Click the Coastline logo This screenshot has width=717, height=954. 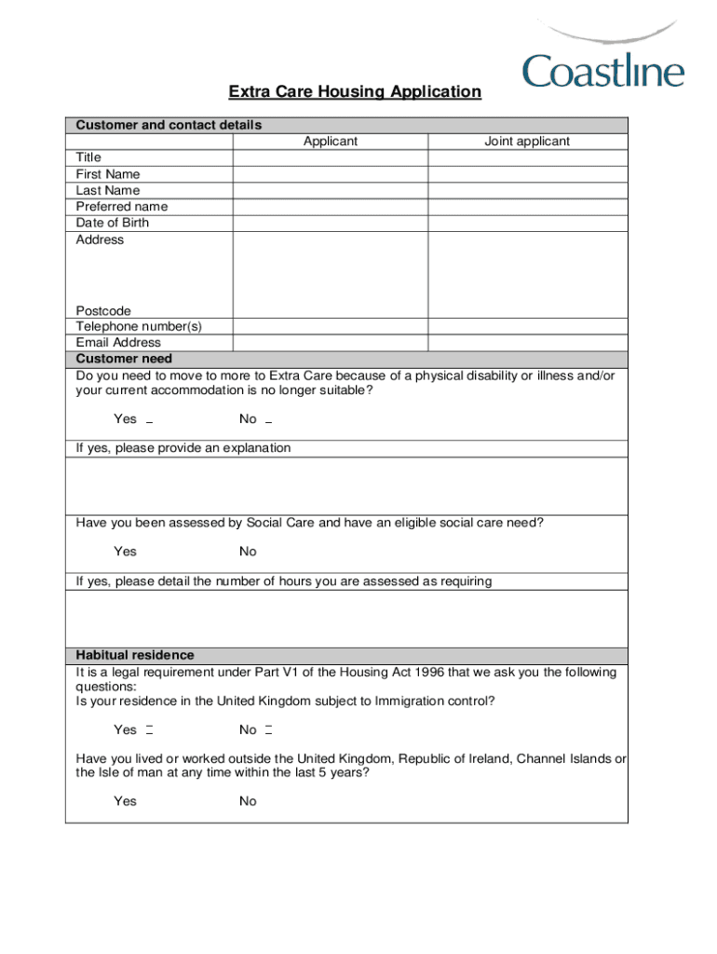point(602,58)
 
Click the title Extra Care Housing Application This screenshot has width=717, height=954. point(355,91)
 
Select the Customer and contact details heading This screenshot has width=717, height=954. point(169,125)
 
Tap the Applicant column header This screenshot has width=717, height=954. point(330,142)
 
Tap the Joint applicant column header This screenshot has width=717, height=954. point(527,142)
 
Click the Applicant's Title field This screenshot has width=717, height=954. point(330,157)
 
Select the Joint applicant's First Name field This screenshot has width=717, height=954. point(527,174)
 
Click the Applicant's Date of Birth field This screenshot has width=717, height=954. point(330,223)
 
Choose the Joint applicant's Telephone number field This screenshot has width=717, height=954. point(527,327)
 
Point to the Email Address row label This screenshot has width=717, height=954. point(118,343)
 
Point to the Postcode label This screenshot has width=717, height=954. point(103,310)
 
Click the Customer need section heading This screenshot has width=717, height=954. point(124,359)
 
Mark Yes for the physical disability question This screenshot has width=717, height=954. point(149,420)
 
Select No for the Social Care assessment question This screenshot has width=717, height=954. point(248,552)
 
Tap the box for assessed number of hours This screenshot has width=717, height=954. point(346,618)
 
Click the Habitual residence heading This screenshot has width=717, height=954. point(135,655)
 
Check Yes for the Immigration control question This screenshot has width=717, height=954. point(149,729)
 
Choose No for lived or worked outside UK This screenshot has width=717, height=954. point(248,801)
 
